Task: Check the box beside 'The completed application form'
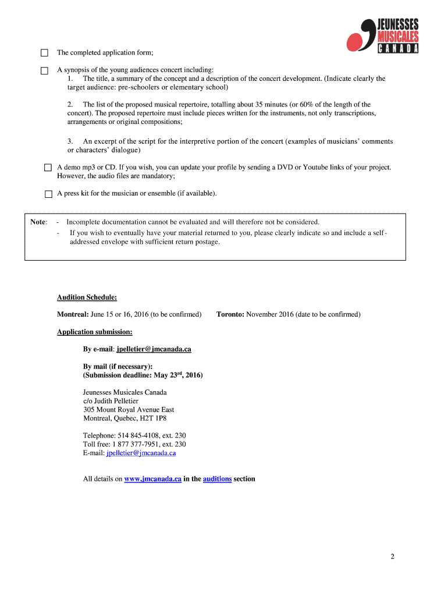[44, 54]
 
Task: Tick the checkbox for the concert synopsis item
[44, 70]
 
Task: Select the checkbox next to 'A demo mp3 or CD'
[49, 168]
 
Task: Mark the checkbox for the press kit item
[49, 193]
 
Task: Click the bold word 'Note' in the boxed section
[38, 222]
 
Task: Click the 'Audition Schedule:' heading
[87, 297]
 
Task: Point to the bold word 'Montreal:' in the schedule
[73, 314]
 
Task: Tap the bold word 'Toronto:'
[230, 314]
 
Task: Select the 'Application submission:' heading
[94, 332]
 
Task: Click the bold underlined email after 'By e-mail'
[154, 349]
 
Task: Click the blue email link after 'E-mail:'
[141, 452]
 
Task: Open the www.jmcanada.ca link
[152, 479]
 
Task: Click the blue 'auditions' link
[217, 479]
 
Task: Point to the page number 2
[393, 557]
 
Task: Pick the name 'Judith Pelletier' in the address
[115, 401]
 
